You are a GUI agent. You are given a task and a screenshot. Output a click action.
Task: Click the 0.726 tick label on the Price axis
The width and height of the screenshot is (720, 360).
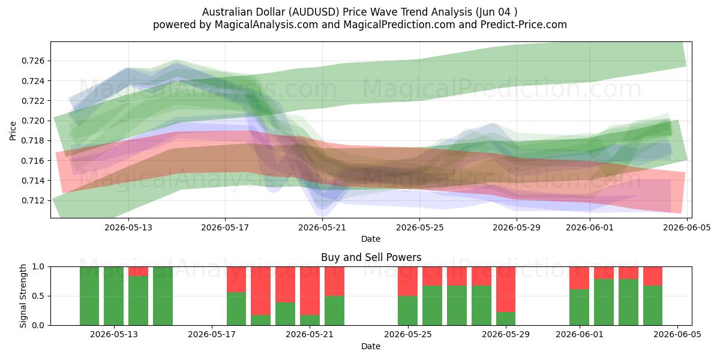pyautogui.click(x=33, y=61)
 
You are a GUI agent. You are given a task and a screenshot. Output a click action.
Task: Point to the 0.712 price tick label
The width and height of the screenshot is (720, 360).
pyautogui.click(x=33, y=200)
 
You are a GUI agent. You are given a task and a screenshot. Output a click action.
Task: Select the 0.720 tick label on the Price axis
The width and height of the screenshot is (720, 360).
pyautogui.click(x=33, y=121)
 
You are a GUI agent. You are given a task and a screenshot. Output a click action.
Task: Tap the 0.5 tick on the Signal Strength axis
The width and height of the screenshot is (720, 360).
pyautogui.click(x=38, y=296)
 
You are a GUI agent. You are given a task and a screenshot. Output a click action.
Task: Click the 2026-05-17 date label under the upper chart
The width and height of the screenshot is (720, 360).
pyautogui.click(x=225, y=227)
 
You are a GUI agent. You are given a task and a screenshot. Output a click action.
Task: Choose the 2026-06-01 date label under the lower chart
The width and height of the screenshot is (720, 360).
pyautogui.click(x=580, y=334)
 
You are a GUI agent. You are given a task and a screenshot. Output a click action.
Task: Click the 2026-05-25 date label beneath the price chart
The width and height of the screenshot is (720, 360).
pyautogui.click(x=420, y=227)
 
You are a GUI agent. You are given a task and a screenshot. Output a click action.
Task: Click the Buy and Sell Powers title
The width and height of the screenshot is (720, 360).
pyautogui.click(x=371, y=257)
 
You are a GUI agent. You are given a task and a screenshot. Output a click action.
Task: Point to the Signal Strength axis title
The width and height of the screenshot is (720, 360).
pyautogui.click(x=23, y=296)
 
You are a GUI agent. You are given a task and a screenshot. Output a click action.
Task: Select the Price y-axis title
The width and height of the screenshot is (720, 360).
pyautogui.click(x=13, y=131)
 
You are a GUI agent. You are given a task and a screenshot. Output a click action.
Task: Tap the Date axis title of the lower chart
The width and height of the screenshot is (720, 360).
pyautogui.click(x=371, y=346)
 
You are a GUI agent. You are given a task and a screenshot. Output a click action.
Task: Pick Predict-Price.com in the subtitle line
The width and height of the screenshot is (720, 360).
pyautogui.click(x=524, y=25)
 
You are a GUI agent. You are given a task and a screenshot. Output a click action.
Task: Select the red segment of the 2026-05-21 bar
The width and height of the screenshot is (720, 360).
pyautogui.click(x=310, y=291)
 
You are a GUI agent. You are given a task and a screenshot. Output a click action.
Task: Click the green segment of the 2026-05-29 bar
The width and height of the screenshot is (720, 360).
pyautogui.click(x=506, y=319)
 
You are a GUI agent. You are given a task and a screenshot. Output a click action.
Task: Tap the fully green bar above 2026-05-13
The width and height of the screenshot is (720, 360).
pyautogui.click(x=114, y=296)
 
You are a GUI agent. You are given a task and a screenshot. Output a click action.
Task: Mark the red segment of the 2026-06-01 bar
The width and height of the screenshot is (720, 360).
pyautogui.click(x=579, y=278)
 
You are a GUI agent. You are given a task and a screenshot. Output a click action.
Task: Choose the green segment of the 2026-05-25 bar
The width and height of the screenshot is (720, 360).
pyautogui.click(x=407, y=311)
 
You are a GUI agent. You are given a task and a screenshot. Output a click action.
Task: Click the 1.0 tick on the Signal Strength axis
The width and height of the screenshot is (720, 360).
pyautogui.click(x=38, y=266)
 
